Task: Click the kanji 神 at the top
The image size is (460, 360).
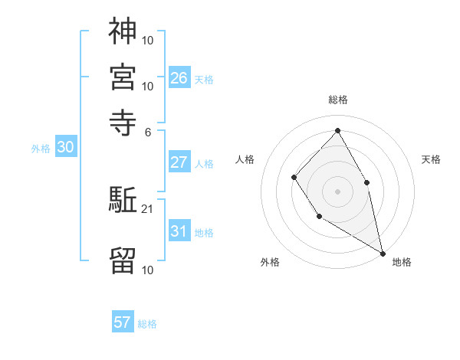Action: click(123, 31)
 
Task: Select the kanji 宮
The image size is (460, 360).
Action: click(123, 77)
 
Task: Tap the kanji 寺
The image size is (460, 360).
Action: click(123, 121)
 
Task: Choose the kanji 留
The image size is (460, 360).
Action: click(123, 260)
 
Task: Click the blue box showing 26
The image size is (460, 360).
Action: click(179, 77)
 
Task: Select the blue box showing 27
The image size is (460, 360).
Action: click(179, 162)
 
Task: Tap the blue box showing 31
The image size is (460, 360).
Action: click(179, 231)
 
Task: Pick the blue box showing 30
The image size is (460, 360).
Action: click(66, 149)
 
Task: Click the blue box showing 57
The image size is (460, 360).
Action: click(123, 322)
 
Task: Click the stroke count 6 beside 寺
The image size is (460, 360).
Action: click(148, 131)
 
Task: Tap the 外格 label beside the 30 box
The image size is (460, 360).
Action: click(41, 149)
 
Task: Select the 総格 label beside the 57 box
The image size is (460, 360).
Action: click(147, 324)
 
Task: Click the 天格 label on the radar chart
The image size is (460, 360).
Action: click(432, 159)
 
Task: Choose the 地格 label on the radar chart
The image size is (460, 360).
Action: click(402, 262)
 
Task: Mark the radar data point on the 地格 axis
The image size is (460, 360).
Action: click(383, 252)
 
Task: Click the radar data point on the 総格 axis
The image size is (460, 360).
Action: click(337, 130)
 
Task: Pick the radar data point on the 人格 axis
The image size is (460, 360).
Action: click(294, 178)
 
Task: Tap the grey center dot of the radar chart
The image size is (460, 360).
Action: click(337, 191)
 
